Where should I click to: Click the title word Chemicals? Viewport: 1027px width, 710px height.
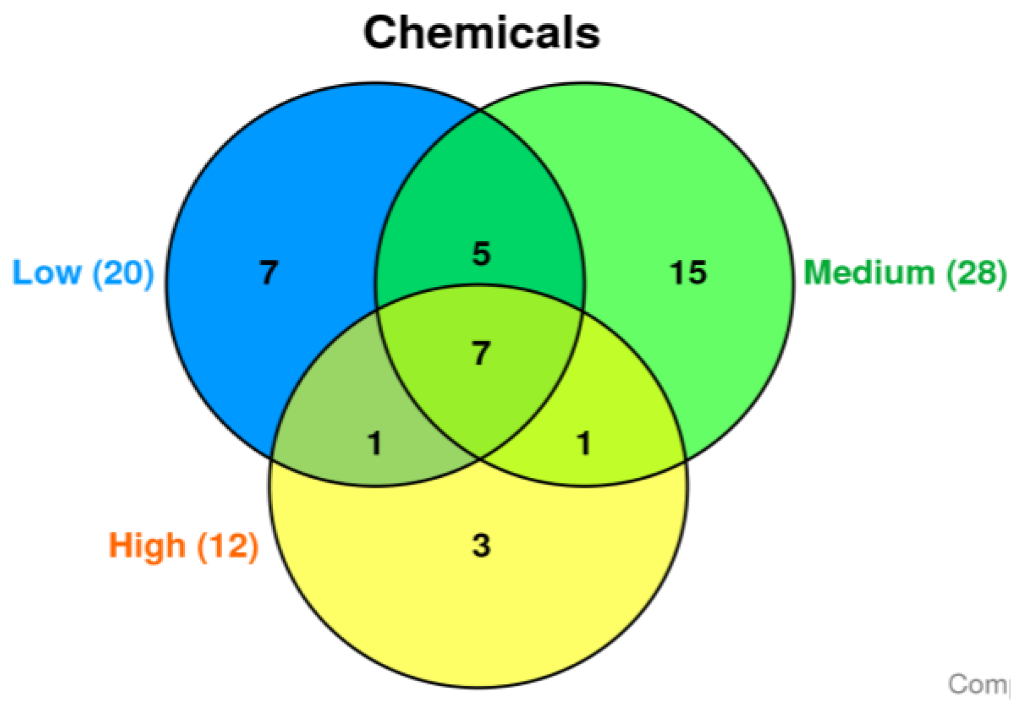pos(481,33)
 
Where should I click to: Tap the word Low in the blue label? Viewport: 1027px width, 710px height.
pos(47,273)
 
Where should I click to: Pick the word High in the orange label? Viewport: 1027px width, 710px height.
pos(147,545)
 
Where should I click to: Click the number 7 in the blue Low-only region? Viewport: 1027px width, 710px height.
pos(268,273)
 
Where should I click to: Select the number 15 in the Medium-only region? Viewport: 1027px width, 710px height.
pos(688,273)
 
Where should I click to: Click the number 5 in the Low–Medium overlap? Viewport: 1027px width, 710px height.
pos(481,254)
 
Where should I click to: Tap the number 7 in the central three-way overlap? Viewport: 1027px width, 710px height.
pos(481,353)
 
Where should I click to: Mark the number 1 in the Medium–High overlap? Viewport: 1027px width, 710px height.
pos(584,443)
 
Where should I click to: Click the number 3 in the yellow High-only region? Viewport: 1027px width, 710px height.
pos(481,545)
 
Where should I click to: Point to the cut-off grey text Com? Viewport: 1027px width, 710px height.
pos(978,684)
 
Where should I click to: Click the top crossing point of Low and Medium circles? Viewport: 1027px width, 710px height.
pos(480,111)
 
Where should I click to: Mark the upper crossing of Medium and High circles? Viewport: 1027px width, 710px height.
pos(583,309)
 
